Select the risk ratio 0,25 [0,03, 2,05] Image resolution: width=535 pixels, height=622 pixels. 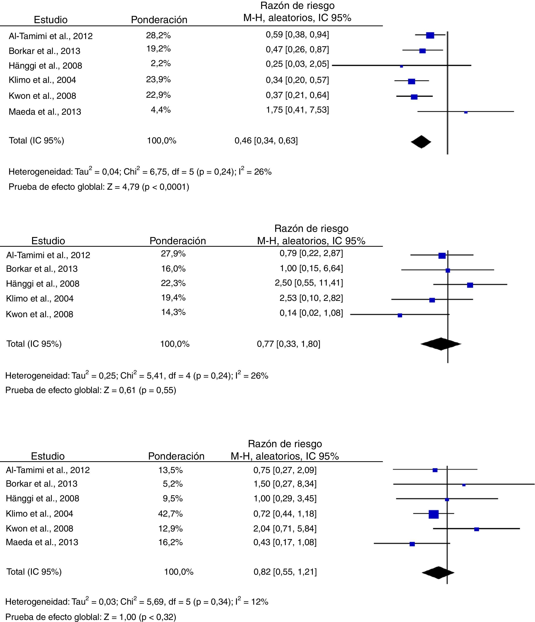297,64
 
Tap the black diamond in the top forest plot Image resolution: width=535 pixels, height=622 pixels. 421,142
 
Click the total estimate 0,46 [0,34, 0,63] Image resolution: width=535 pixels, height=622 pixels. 266,141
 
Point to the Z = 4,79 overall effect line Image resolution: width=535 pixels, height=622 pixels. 99,187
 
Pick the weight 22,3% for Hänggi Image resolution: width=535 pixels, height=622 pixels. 173,283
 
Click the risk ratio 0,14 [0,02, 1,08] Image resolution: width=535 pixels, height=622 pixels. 311,313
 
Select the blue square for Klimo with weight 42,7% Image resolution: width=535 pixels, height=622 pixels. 433,514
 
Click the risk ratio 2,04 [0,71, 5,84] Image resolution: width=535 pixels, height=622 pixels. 285,528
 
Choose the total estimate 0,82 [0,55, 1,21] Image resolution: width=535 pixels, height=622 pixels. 285,572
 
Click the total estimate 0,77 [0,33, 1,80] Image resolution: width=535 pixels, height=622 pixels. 289,344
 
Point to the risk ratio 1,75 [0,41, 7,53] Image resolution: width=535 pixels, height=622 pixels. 297,110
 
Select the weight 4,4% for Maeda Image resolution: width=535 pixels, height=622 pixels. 161,110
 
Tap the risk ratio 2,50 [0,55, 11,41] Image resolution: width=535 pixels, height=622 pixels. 309,283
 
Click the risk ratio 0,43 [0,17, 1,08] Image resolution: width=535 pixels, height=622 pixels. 285,542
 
